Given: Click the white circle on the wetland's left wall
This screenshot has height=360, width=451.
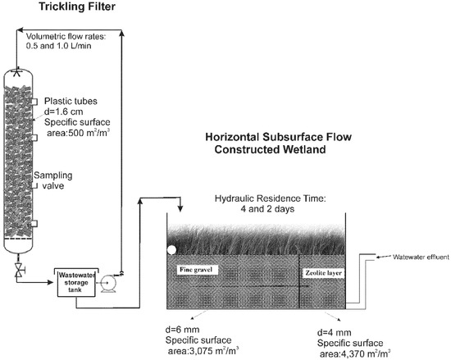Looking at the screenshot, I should [171, 250].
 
